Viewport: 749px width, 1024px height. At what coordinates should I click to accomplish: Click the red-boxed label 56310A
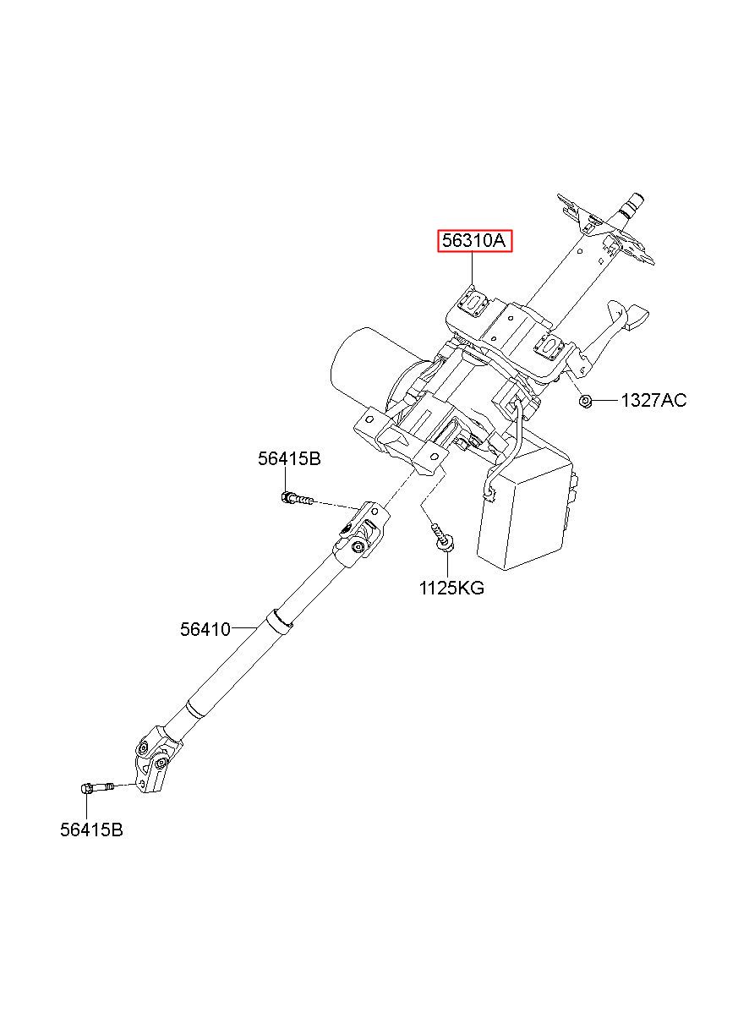click(474, 241)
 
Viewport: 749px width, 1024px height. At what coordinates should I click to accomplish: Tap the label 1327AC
click(653, 400)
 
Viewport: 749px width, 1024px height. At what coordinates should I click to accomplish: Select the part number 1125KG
click(451, 588)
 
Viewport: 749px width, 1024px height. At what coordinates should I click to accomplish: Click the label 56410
click(205, 629)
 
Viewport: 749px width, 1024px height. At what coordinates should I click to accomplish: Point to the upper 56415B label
click(289, 459)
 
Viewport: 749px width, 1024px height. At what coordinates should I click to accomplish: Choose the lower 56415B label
click(91, 830)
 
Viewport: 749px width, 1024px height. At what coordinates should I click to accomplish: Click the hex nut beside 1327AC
click(585, 400)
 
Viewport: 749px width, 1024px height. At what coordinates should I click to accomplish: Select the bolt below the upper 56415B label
click(296, 500)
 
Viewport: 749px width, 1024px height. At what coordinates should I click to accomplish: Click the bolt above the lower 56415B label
click(98, 789)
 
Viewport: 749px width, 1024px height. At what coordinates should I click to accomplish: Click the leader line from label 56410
click(244, 627)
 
